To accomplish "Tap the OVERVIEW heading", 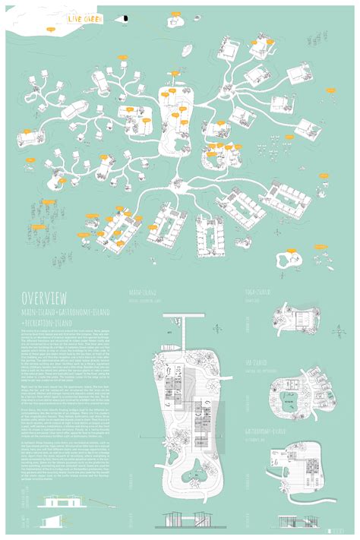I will tap(46, 297).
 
